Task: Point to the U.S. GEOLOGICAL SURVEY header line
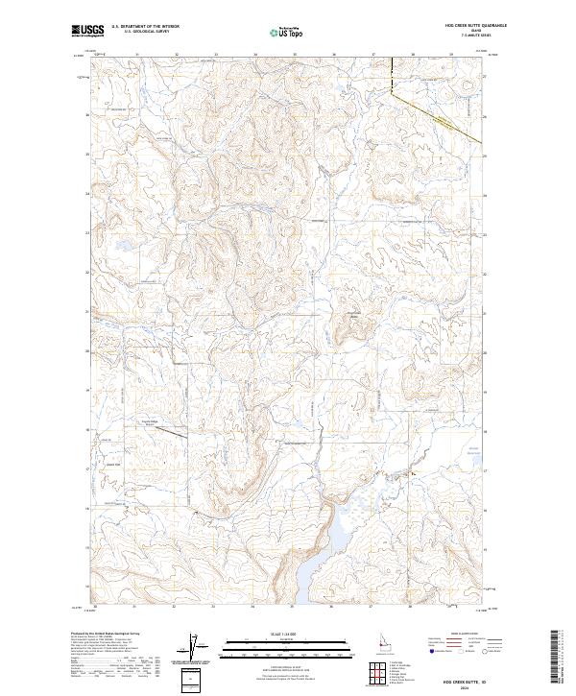(144, 33)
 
